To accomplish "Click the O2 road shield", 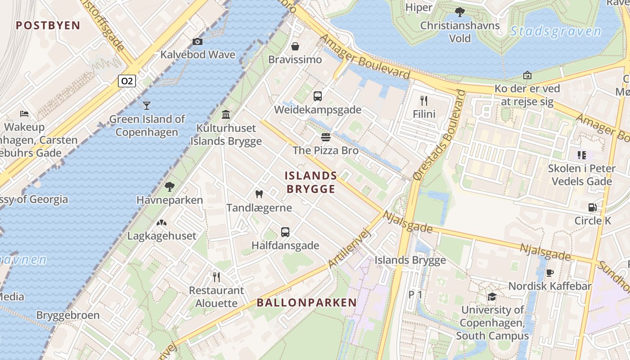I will coord(127,81).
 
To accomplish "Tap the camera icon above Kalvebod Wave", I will coord(197,42).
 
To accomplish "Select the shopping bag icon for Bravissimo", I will coord(295,46).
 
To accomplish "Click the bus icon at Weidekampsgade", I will coord(318,96).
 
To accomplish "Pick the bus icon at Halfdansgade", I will coord(285,232).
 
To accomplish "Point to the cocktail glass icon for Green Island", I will coord(146,106).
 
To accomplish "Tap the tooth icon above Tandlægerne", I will coord(259,194).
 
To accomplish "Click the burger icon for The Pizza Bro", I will coord(326,137).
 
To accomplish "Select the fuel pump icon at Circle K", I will coord(593,207).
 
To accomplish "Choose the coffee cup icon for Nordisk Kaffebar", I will coord(549,273).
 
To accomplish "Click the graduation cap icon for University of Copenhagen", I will coord(492,297).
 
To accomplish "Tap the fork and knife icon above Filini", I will coord(423,100).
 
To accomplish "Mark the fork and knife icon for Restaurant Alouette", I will coord(216,277).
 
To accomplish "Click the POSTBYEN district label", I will coord(48,25).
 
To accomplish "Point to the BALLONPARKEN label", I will coord(307,303).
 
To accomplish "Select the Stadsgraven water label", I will coord(556,31).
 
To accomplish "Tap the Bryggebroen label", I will coord(68,315).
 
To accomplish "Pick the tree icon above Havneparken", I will coord(170,186).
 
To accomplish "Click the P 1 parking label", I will coord(415,294).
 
